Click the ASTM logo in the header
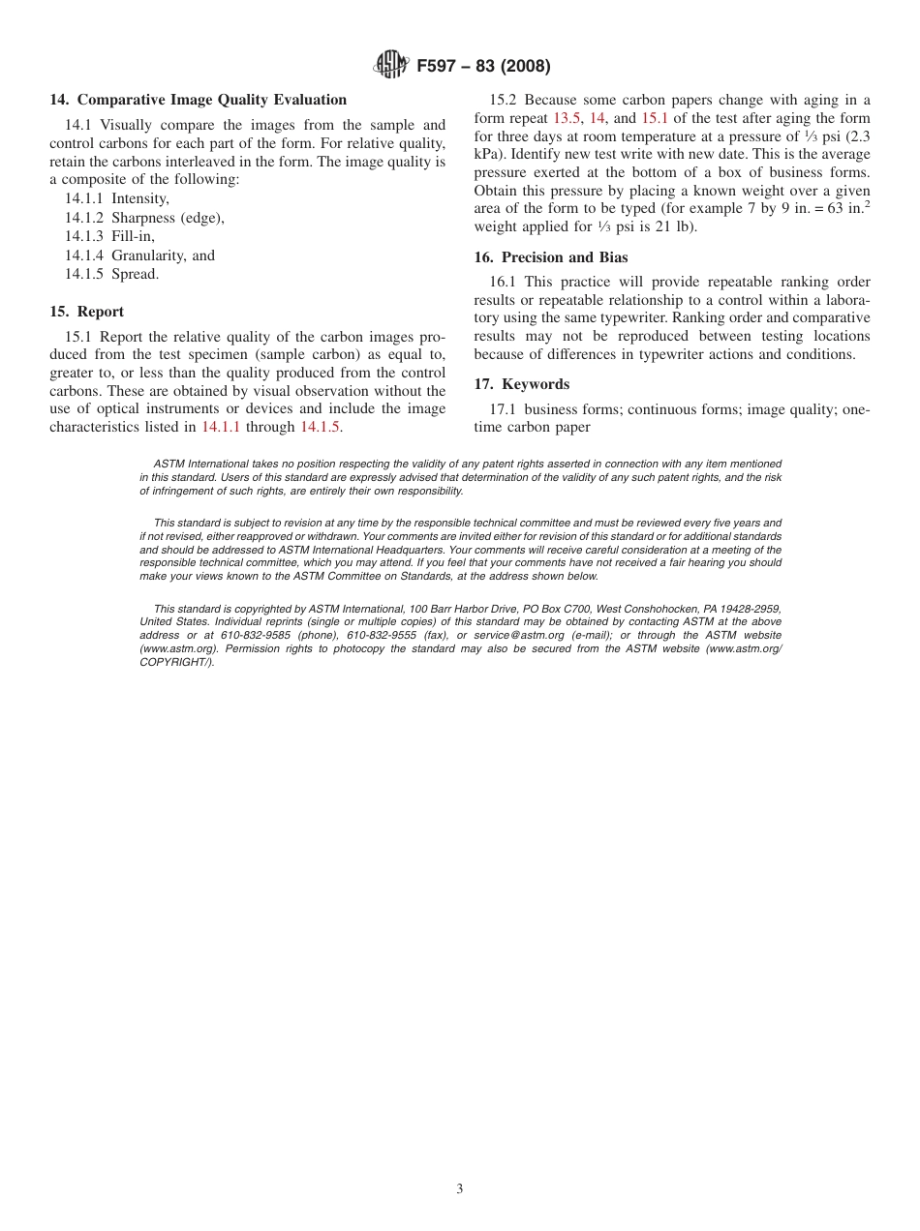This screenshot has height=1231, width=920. pos(391,66)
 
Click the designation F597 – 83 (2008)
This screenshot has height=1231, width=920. pos(483,67)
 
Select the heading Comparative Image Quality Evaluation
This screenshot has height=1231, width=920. pos(211,100)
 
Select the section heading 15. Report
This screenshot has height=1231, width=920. pos(87,312)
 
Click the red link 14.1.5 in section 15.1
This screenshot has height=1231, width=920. pos(320,427)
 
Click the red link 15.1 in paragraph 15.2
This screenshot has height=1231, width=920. pos(655,118)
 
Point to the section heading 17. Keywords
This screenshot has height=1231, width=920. pos(522,384)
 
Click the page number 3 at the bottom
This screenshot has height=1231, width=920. pos(460,1189)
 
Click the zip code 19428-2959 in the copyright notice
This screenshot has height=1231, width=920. pos(747,610)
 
